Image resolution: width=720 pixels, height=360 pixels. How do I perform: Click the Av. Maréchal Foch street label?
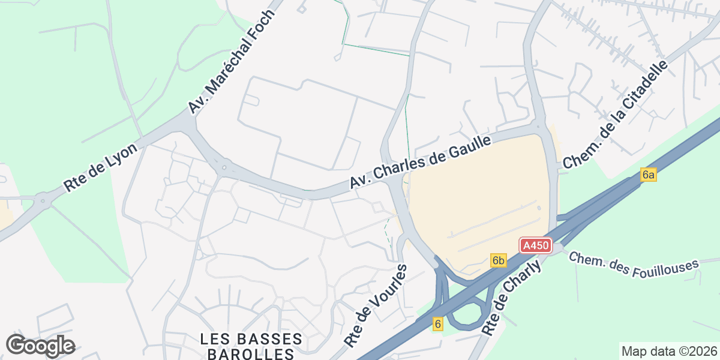232,61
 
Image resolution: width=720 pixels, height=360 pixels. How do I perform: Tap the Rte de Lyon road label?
101,167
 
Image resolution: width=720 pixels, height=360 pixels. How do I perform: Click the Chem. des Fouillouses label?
634,265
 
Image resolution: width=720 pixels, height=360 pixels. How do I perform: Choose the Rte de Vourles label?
376,306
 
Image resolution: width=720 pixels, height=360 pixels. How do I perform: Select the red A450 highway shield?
535,245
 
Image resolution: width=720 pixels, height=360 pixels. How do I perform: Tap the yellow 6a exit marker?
649,175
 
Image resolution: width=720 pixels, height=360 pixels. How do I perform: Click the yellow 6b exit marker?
499,260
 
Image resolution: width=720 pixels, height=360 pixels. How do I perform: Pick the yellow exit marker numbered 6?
438,324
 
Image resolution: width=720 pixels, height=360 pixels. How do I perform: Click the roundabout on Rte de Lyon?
42,199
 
